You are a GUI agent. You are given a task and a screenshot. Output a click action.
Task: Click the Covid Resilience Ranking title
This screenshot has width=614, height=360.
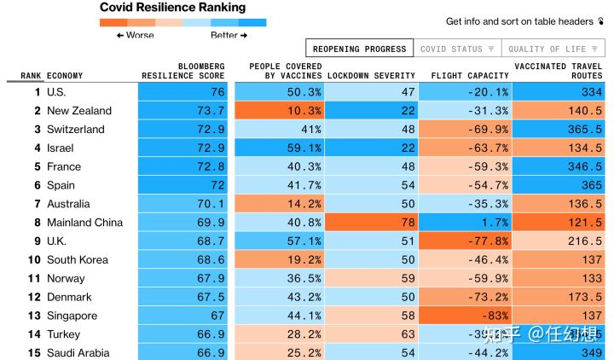coord(173,8)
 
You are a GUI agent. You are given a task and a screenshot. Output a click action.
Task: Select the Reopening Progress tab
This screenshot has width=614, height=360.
coord(359,49)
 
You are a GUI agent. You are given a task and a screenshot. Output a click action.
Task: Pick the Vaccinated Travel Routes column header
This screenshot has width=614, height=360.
coord(559,71)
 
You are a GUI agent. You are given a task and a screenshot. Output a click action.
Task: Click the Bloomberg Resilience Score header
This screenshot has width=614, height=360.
coord(189,71)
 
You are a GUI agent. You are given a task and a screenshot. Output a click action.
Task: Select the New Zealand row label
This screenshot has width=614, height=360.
coord(79,111)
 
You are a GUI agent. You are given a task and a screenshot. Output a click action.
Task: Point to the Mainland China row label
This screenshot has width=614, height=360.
coord(84,223)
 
